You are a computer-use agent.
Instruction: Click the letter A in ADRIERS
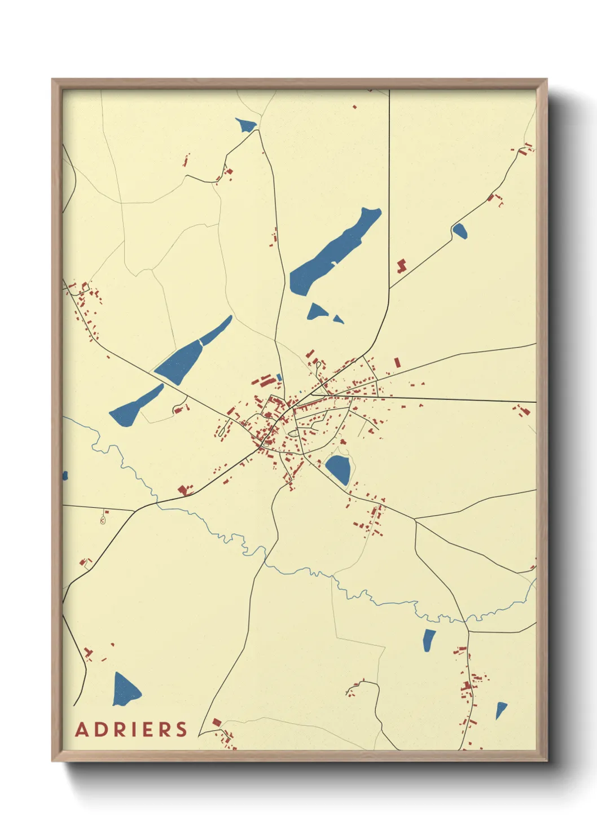pos(82,729)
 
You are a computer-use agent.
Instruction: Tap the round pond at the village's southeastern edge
pos(339,469)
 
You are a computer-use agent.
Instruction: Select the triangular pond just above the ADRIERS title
pos(125,689)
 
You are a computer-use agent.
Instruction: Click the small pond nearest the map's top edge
pos(246,125)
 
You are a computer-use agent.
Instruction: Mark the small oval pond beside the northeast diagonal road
pos(459,230)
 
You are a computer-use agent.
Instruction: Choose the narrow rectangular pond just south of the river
pos(429,640)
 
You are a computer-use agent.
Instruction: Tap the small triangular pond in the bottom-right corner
pos(500,710)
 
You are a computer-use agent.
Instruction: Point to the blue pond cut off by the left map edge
pos(65,476)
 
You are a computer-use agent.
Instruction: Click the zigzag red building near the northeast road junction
pos(401,265)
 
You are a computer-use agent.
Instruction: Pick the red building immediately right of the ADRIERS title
pos(217,722)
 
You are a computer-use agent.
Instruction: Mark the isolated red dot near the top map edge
pos(354,107)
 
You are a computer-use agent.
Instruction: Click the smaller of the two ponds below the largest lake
pos(337,319)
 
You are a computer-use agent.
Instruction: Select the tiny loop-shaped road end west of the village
pos(103,520)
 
